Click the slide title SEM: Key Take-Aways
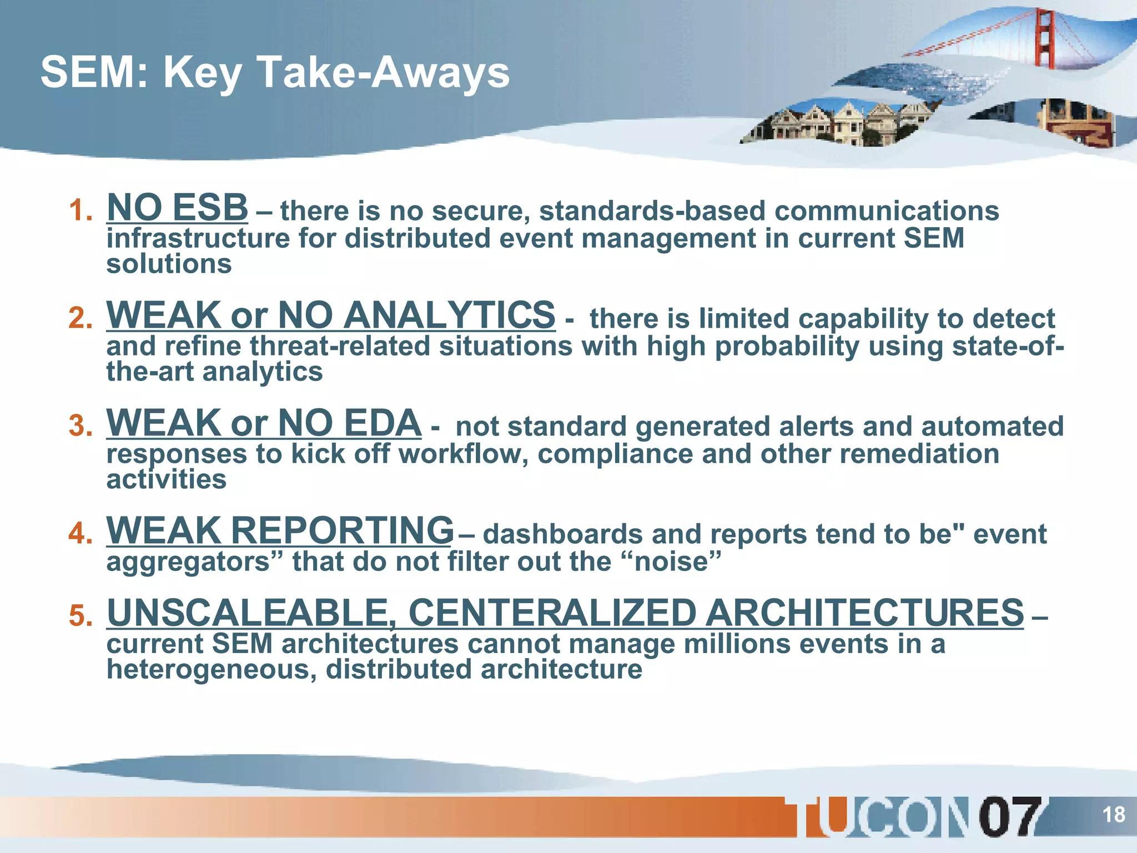pos(275,73)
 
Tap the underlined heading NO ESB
pos(177,207)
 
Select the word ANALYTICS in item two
pos(449,315)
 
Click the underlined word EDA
pos(382,423)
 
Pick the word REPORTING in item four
pos(343,530)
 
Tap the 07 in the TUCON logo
pos(1009,816)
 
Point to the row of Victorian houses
pos(838,123)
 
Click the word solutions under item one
pos(169,264)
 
